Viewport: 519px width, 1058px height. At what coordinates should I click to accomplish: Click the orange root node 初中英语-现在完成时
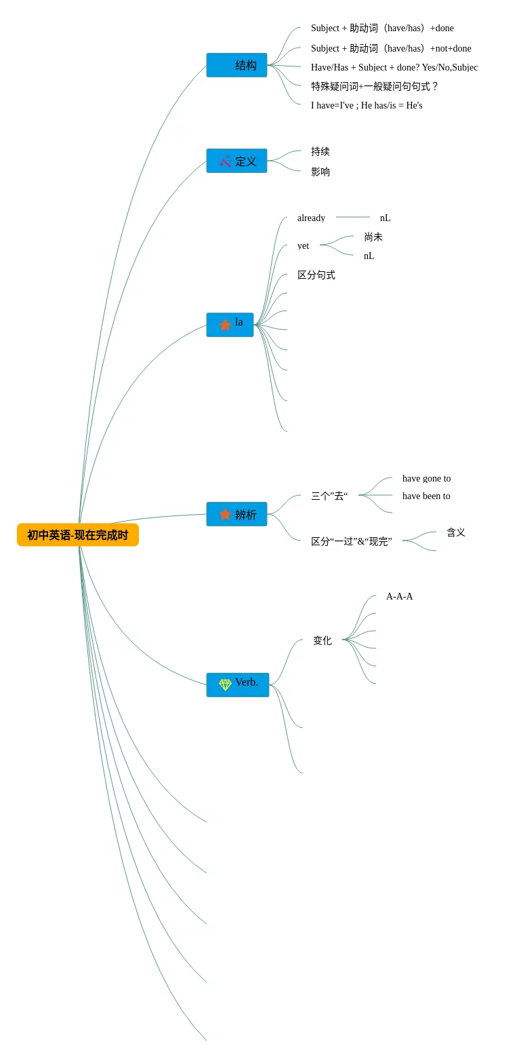pyautogui.click(x=77, y=535)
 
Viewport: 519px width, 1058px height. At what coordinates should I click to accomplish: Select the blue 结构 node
pyautogui.click(x=236, y=65)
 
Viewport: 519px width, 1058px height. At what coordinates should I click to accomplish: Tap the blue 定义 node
pyautogui.click(x=236, y=161)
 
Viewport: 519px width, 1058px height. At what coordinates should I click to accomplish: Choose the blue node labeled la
pyautogui.click(x=230, y=324)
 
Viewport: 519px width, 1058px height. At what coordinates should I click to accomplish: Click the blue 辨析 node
pyautogui.click(x=236, y=514)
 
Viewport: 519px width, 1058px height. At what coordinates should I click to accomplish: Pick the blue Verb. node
pyautogui.click(x=237, y=684)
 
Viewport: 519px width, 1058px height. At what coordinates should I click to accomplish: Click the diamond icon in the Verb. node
pyautogui.click(x=225, y=685)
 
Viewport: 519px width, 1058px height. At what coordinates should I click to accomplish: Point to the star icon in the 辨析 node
pyautogui.click(x=225, y=515)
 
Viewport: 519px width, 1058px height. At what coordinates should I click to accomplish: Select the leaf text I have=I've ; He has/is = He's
pyautogui.click(x=367, y=105)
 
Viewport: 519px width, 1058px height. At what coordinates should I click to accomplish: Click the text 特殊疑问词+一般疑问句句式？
pyautogui.click(x=375, y=86)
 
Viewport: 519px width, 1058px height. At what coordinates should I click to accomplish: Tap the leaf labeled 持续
pyautogui.click(x=320, y=151)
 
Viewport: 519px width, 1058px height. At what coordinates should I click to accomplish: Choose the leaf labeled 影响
pyautogui.click(x=320, y=172)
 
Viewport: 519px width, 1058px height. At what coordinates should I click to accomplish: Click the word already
pyautogui.click(x=311, y=218)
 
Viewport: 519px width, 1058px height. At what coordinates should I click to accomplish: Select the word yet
pyautogui.click(x=303, y=246)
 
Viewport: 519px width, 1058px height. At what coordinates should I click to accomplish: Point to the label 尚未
pyautogui.click(x=373, y=237)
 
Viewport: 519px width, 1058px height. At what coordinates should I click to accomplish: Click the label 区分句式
pyautogui.click(x=316, y=275)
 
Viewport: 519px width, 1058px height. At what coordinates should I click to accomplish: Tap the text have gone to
pyautogui.click(x=426, y=478)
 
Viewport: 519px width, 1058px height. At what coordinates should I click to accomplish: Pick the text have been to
pyautogui.click(x=426, y=496)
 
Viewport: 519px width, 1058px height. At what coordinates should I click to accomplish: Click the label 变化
pyautogui.click(x=323, y=640)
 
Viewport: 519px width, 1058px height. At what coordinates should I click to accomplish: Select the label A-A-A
pyautogui.click(x=399, y=596)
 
